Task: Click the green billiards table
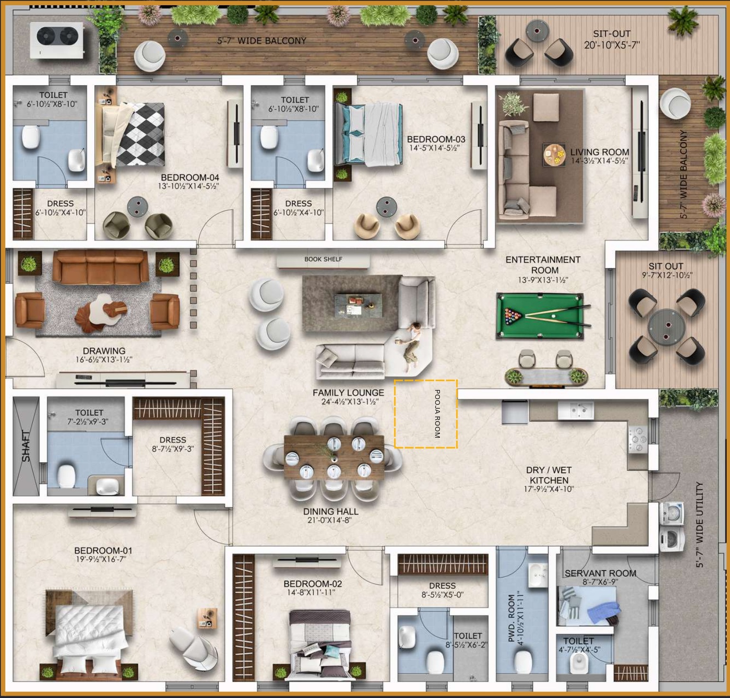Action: click(540, 315)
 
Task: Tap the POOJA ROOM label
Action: click(437, 413)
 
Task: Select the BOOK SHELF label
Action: click(323, 259)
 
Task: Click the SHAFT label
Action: click(26, 446)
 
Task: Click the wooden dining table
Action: click(334, 458)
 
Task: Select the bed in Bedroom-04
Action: click(131, 135)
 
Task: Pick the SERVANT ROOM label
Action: click(600, 573)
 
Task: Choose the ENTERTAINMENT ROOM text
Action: click(543, 265)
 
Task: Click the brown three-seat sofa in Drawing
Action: click(100, 268)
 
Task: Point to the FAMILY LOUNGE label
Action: click(348, 393)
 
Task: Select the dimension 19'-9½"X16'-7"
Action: click(103, 560)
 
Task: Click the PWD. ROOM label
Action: click(511, 618)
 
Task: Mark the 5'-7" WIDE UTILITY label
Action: click(700, 524)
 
